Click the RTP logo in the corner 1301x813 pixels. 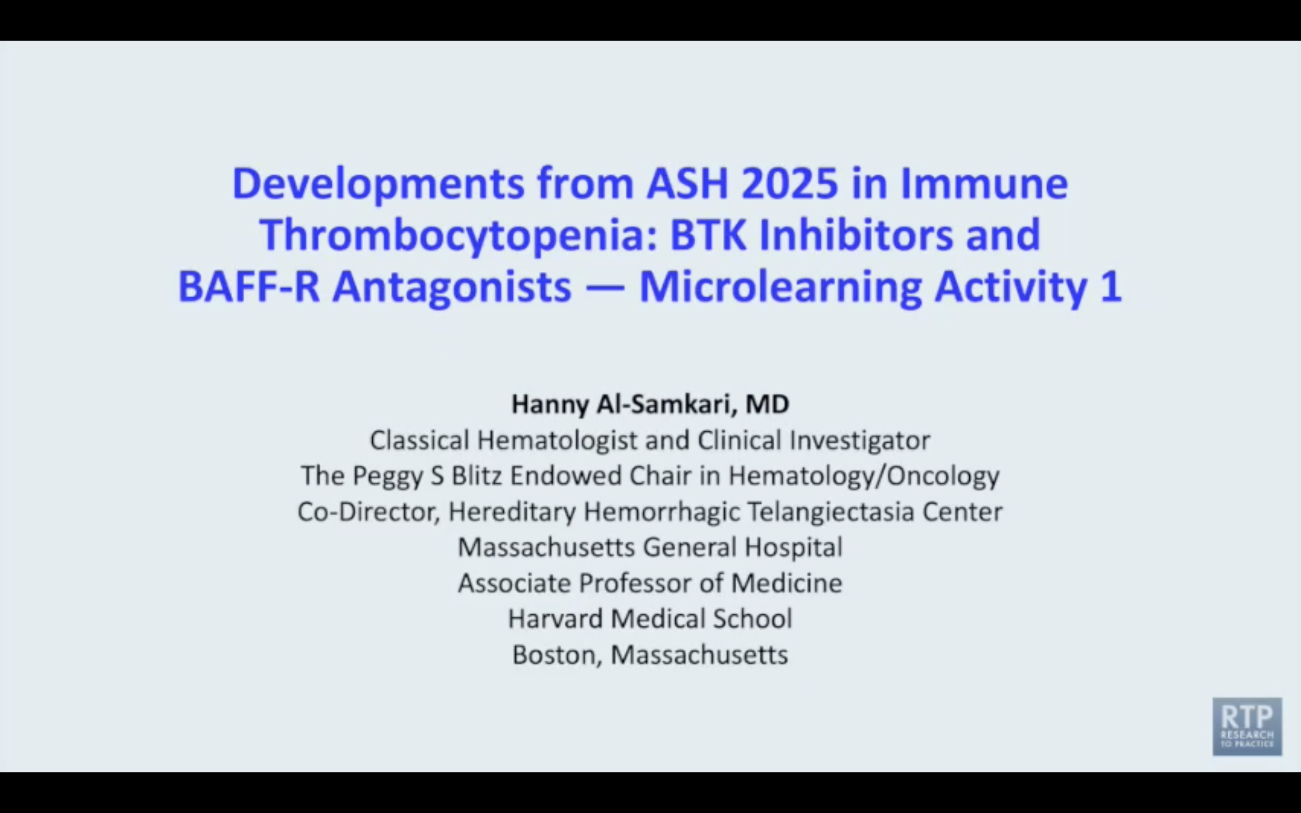tap(1247, 726)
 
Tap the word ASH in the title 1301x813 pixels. tap(687, 183)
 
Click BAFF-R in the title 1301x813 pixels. tap(249, 287)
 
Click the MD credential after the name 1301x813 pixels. tap(767, 404)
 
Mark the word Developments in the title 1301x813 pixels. tap(378, 184)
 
